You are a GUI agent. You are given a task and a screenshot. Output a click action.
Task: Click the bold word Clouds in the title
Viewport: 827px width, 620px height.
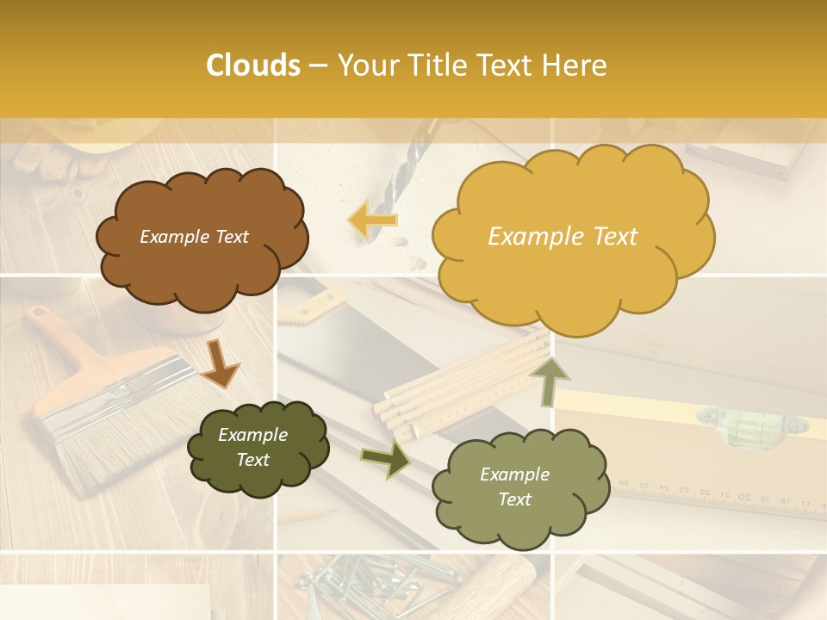(x=252, y=65)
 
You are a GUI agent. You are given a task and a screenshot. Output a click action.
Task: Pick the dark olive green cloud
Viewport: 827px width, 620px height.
(x=257, y=448)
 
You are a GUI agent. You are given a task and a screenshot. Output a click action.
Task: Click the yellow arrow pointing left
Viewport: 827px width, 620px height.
(x=373, y=220)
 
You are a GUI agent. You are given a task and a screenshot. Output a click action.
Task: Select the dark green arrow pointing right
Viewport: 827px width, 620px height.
(x=385, y=457)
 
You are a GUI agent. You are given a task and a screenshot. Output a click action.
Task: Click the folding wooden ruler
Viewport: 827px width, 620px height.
(x=465, y=383)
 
